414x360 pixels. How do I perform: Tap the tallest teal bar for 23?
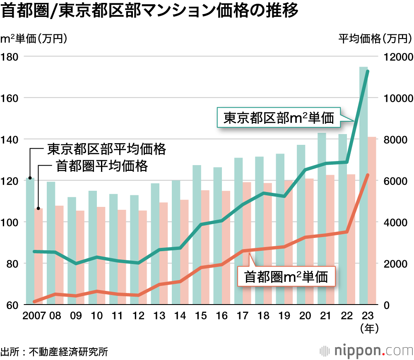[363, 186]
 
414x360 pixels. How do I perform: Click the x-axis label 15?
[201, 316]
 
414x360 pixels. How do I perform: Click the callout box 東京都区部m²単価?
[279, 118]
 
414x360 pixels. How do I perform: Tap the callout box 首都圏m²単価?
[286, 276]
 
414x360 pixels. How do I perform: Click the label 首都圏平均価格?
[101, 166]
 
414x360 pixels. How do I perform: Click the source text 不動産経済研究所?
[68, 352]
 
